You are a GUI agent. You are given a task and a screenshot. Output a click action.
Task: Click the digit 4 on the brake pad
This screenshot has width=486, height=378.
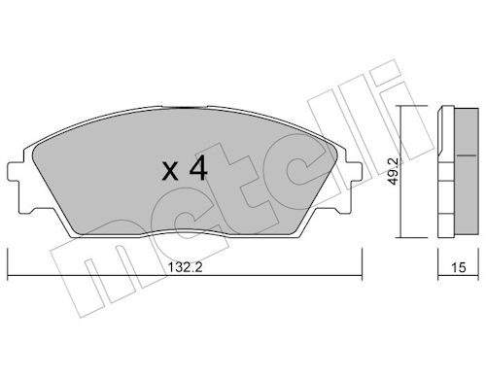click(198, 167)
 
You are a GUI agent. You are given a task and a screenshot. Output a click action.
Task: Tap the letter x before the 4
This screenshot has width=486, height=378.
click(170, 171)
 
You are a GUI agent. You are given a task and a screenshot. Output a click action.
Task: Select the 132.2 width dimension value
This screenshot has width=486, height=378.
click(185, 267)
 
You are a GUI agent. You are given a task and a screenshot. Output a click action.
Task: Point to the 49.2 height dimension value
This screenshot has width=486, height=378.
click(394, 171)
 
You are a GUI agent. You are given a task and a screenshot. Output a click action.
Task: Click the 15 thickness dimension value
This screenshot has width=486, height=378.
click(459, 267)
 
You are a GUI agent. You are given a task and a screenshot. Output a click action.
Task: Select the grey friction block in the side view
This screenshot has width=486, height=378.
click(467, 170)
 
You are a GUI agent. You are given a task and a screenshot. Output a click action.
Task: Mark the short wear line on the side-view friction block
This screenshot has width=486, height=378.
click(467, 155)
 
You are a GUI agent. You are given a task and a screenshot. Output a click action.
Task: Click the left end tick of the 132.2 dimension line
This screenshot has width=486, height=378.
click(8, 263)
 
